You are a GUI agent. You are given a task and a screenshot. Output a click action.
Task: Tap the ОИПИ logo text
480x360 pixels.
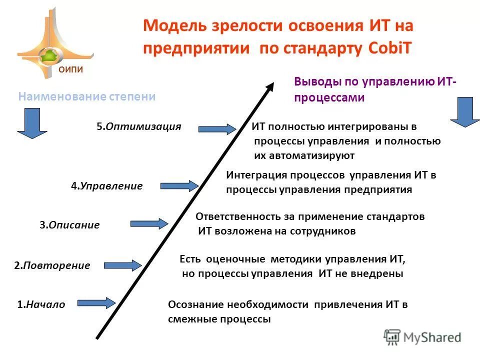[x=70, y=70]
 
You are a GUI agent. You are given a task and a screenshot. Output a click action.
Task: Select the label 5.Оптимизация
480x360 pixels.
[x=138, y=126]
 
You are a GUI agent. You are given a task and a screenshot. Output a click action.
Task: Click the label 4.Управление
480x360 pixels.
[x=106, y=186]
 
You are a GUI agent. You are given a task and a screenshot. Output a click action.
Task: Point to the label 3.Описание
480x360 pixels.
[x=69, y=225]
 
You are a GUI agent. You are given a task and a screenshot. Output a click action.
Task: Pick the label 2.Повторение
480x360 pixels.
[x=52, y=265]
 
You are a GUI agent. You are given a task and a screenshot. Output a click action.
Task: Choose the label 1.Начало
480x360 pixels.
[x=41, y=304]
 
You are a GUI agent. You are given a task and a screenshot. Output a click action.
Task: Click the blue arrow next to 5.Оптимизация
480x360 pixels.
[x=216, y=129]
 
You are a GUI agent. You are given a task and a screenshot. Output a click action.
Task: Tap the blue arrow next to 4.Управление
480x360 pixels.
[x=179, y=186]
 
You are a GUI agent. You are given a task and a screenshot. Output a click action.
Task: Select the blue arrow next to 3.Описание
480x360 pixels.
[x=149, y=224]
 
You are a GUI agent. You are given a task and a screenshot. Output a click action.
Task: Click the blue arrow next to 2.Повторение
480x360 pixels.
[x=122, y=265]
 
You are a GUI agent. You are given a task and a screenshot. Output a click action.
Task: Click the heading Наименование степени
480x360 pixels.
[x=87, y=96]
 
